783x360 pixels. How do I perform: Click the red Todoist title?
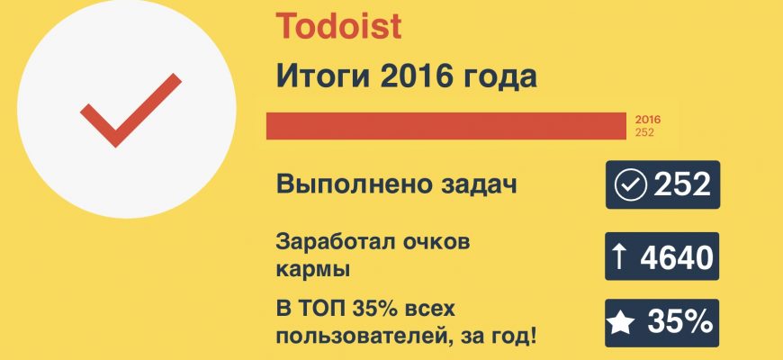coord(338,26)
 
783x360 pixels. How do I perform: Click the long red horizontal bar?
coord(445,126)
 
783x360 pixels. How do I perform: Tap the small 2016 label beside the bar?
coord(648,120)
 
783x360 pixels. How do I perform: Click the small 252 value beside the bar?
coord(644,132)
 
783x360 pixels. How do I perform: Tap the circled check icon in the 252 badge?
coord(630,184)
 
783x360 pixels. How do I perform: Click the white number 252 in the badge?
coord(682,184)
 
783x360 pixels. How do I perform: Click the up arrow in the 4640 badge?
coord(619,256)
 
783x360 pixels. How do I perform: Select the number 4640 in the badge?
coord(676,257)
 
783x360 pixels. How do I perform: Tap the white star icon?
coord(621,323)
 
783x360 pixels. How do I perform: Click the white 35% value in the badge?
coord(680,322)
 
